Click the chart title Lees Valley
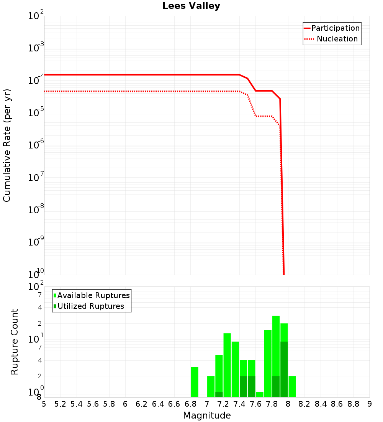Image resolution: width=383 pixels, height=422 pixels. coord(191,6)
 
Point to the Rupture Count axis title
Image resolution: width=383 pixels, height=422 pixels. coord(15,342)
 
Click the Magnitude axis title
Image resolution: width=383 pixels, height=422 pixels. coord(207,415)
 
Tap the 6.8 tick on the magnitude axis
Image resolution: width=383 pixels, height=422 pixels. coord(190,404)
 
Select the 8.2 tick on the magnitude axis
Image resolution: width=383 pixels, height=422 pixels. coord(304,404)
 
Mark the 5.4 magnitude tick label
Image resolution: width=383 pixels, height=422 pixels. coord(77,404)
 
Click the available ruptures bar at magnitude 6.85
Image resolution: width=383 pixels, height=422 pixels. coord(195,382)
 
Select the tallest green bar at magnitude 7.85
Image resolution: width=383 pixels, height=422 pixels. coord(276,345)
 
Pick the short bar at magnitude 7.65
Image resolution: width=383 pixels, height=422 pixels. coord(260,394)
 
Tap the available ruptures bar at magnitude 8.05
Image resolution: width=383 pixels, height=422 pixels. coord(292,386)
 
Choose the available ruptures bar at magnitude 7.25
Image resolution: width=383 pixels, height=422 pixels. coord(227,365)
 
